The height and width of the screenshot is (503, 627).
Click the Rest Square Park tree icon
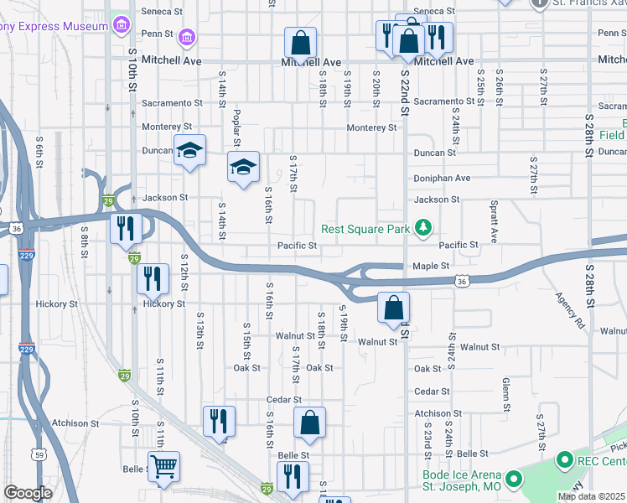tap(424, 228)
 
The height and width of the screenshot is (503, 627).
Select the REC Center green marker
tap(564, 459)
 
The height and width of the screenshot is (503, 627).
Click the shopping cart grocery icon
tap(163, 466)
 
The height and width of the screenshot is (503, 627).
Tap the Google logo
tap(28, 492)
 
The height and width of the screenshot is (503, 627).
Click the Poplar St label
tap(237, 127)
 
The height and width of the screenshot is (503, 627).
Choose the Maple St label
tap(431, 266)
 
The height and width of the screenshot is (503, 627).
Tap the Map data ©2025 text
tap(591, 496)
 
